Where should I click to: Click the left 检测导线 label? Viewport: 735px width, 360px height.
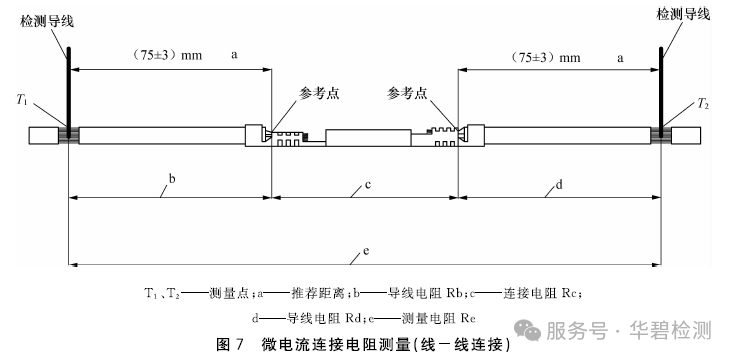coord(47,22)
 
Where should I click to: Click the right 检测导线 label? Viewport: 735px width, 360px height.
coord(683,14)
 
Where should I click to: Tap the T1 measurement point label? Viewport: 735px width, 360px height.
coord(22,99)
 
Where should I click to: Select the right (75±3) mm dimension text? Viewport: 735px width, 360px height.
coord(544,58)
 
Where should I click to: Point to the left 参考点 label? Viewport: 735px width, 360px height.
coord(319,93)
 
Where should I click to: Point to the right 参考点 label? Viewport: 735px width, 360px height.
coord(407,93)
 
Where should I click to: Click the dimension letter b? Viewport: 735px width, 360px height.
coord(172,179)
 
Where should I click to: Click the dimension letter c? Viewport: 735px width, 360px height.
coord(368,185)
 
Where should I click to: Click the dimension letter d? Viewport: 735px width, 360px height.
coord(559,185)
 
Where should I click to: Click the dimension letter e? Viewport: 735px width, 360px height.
coord(366,251)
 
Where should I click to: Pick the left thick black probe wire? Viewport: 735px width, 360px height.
coord(69,92)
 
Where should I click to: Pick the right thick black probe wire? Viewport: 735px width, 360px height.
coord(661,92)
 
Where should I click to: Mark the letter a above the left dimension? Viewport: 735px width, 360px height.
coord(234,55)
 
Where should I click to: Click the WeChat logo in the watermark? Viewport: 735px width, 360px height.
coord(527,330)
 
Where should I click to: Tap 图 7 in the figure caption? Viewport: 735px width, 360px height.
coord(230,345)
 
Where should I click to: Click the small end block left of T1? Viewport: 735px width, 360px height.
coord(44,135)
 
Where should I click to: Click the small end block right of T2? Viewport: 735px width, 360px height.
coord(686,135)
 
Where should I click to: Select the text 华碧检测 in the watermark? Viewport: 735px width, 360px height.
coord(670,330)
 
